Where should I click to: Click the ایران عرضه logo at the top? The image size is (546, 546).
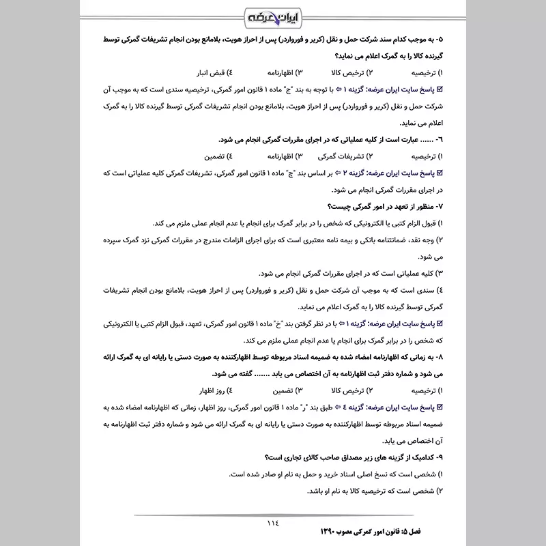point(273,16)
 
